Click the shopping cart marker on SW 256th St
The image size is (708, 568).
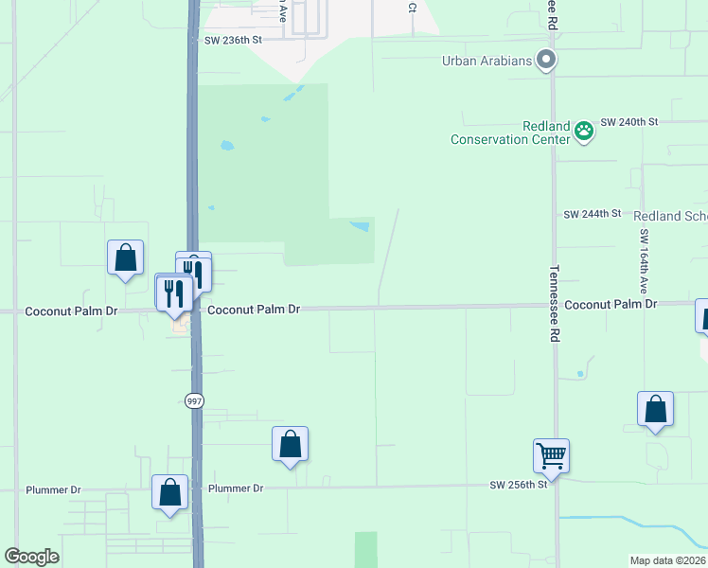tap(551, 456)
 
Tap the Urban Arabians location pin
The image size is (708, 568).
tap(545, 61)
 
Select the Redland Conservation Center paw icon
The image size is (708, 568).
tap(584, 131)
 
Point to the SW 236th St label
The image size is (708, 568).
tap(232, 41)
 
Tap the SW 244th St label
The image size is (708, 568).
tap(593, 215)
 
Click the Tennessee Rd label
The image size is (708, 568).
tap(555, 303)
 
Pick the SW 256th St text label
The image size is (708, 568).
tap(519, 485)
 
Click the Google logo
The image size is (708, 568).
tap(32, 557)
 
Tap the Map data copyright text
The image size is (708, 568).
tap(667, 560)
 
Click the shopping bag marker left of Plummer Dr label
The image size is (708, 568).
tap(170, 493)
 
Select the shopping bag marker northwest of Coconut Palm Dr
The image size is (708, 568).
tap(125, 257)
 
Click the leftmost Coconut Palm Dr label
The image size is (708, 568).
tap(71, 311)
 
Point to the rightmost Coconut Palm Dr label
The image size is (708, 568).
tap(611, 304)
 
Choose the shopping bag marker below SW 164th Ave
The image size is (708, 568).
tap(655, 410)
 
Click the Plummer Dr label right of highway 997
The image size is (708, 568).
tap(236, 488)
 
